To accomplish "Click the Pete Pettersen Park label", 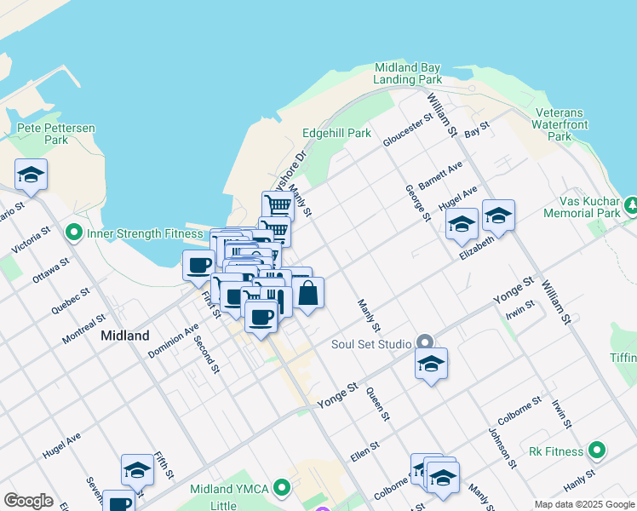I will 56,134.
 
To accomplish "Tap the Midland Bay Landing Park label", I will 407,73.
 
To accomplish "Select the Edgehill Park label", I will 336,133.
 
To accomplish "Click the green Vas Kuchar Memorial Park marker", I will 631,205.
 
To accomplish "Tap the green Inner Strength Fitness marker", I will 73,232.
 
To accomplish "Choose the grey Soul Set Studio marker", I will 424,344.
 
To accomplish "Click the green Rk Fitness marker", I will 597,451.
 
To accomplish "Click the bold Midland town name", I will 125,336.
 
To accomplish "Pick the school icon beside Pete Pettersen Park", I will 32,175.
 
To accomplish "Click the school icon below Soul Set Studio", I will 431,364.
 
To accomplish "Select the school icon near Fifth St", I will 137,469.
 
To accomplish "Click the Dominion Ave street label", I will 173,339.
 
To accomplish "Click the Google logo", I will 28,501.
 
